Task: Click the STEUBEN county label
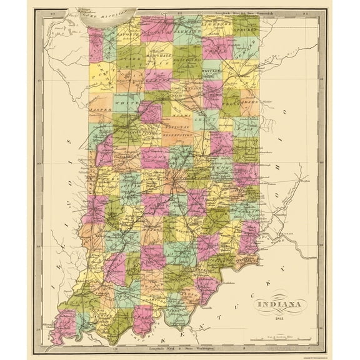(244, 29)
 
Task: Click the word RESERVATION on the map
(178, 134)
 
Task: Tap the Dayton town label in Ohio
(304, 183)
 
